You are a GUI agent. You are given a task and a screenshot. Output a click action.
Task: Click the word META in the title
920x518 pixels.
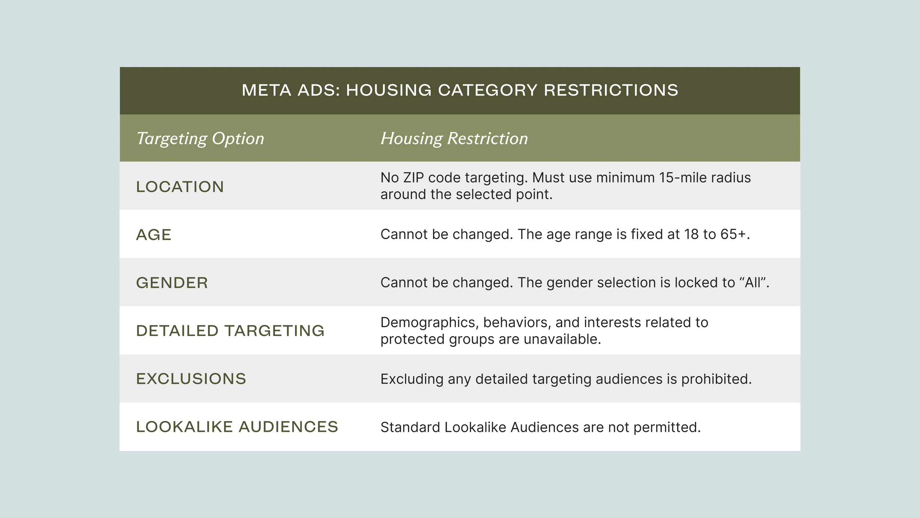click(266, 90)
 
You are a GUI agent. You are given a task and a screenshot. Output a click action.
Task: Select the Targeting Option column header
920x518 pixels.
click(200, 139)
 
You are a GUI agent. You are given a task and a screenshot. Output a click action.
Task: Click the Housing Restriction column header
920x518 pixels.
click(454, 139)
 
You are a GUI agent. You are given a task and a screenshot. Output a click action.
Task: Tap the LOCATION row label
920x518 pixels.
click(180, 187)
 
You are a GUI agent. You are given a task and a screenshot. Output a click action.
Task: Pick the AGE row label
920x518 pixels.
click(154, 235)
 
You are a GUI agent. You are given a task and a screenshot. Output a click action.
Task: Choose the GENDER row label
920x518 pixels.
click(172, 283)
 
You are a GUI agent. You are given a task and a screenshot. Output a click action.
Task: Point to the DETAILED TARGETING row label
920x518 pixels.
click(230, 331)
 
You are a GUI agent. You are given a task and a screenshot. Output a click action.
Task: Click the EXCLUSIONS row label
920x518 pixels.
click(191, 379)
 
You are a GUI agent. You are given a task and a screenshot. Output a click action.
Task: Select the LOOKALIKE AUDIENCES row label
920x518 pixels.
click(237, 427)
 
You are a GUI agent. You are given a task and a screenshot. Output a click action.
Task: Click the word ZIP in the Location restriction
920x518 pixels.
click(413, 178)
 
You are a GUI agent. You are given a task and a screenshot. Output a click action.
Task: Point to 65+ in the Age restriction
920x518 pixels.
click(735, 234)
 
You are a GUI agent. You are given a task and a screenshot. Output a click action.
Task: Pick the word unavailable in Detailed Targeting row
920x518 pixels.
click(562, 339)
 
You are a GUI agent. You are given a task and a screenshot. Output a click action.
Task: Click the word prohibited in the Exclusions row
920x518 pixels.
click(716, 379)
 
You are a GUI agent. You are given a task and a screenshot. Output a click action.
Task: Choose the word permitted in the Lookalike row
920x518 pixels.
click(666, 427)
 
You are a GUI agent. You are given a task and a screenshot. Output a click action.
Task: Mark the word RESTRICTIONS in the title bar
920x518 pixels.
click(611, 90)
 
